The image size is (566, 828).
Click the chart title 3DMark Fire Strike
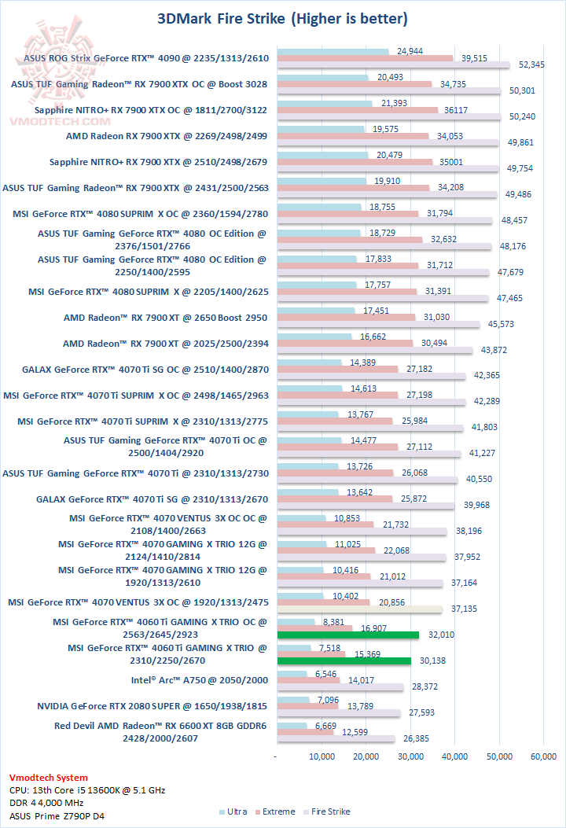282,17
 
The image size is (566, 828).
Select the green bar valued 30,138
344,661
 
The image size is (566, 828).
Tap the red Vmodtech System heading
49,777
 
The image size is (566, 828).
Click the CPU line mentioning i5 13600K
86,790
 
